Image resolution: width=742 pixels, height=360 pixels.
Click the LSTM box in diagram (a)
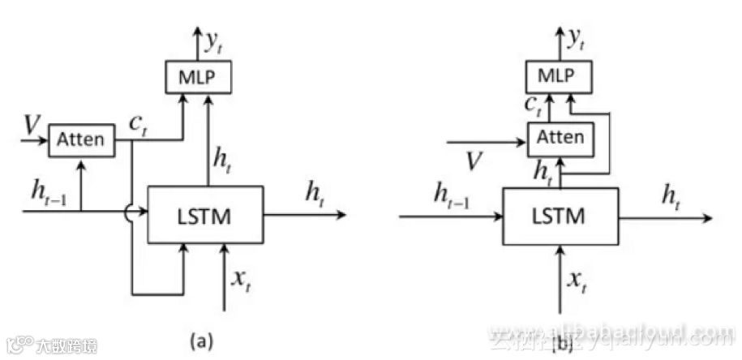pyautogui.click(x=205, y=214)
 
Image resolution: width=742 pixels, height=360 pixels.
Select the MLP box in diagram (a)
pyautogui.click(x=199, y=77)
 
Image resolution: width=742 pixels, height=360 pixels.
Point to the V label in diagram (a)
pyautogui.click(x=32, y=125)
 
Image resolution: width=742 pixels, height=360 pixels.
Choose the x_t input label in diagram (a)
pyautogui.click(x=241, y=280)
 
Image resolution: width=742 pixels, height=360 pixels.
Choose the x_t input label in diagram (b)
pyautogui.click(x=576, y=280)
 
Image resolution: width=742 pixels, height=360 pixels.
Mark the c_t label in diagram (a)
pyautogui.click(x=138, y=124)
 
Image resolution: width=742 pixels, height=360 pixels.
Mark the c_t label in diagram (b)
pyautogui.click(x=533, y=104)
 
